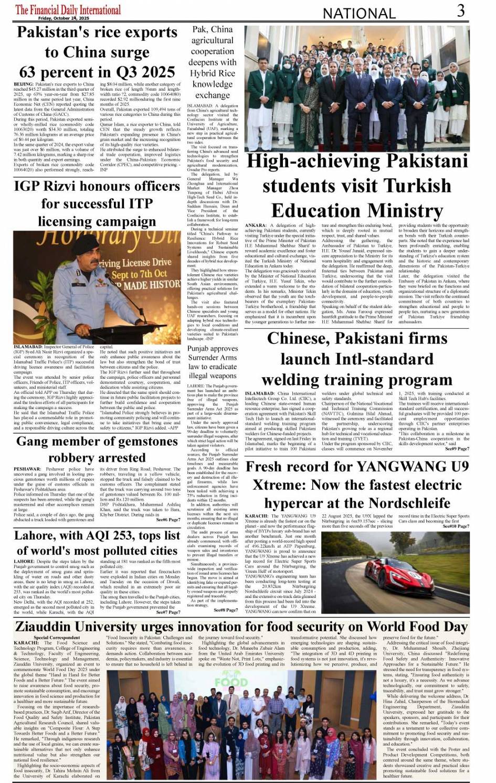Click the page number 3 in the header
point(460,10)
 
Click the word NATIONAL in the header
point(358,13)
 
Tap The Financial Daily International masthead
point(68,9)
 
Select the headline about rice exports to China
point(97,52)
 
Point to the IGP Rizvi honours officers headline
point(97,203)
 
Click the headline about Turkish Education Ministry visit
point(357,186)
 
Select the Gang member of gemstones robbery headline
point(97,449)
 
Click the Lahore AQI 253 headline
point(97,543)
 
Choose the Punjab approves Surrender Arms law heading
point(212,362)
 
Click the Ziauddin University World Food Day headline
point(241,626)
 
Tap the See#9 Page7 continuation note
point(457,449)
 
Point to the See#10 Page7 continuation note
point(456,527)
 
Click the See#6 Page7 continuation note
point(168,520)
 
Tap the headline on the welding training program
point(357,359)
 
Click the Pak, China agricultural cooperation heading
point(212,62)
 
